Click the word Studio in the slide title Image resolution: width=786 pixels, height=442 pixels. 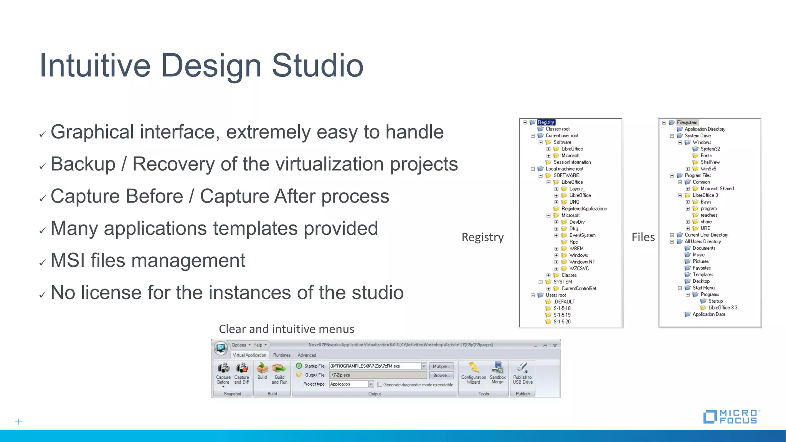tap(317, 66)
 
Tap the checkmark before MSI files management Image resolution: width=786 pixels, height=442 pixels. tap(42, 263)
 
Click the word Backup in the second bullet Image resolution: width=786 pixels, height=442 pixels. tap(83, 164)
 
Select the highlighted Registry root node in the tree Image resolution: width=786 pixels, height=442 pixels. tap(546, 122)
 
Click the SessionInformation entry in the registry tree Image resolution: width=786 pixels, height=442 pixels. tap(572, 162)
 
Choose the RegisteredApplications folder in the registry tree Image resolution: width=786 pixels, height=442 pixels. tap(584, 209)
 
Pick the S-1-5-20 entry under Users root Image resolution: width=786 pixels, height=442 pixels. tap(562, 322)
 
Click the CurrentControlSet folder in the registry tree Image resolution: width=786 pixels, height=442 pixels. tap(579, 289)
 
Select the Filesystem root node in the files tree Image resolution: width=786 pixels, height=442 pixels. tap(687, 122)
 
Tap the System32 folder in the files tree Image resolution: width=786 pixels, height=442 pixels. tap(710, 149)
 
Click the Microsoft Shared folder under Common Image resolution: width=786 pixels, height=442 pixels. tap(717, 189)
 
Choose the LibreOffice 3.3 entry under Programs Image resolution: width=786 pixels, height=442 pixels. tap(723, 308)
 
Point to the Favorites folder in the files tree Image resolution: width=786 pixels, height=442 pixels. tap(702, 268)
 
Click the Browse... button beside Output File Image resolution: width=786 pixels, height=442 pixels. tap(441, 375)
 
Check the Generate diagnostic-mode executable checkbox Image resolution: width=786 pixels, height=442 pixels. tap(380, 384)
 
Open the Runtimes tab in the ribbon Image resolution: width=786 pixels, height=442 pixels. tap(282, 355)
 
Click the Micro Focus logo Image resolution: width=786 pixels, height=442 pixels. tap(732, 417)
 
